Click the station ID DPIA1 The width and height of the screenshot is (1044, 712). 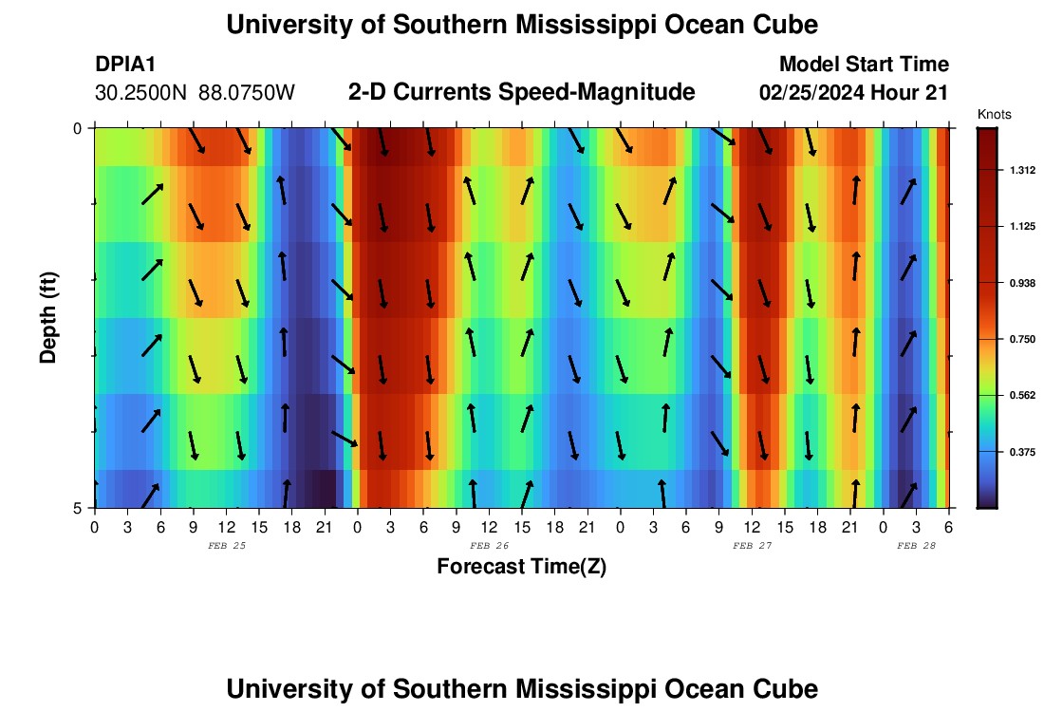(x=125, y=65)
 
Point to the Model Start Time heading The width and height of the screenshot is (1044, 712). (x=864, y=65)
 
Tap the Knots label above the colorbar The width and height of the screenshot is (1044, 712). (x=994, y=114)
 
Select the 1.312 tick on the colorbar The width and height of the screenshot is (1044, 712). (x=1022, y=170)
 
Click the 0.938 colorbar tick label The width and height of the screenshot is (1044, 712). (x=1022, y=283)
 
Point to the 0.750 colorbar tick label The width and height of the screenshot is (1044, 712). (x=1022, y=339)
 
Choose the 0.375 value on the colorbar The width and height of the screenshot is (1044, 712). (x=1022, y=452)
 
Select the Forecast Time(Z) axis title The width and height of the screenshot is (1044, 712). (x=521, y=567)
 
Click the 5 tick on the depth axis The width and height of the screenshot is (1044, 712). (x=79, y=508)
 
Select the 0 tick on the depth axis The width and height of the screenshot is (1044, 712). (x=79, y=128)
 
